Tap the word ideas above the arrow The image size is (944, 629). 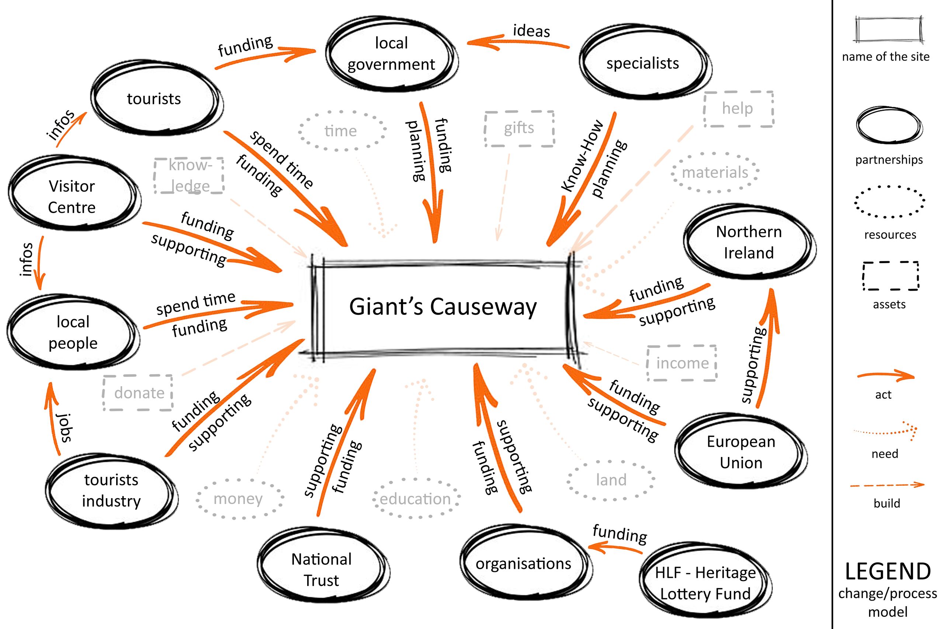point(531,31)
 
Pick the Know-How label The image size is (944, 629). point(582,155)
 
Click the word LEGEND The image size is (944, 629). point(888,572)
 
